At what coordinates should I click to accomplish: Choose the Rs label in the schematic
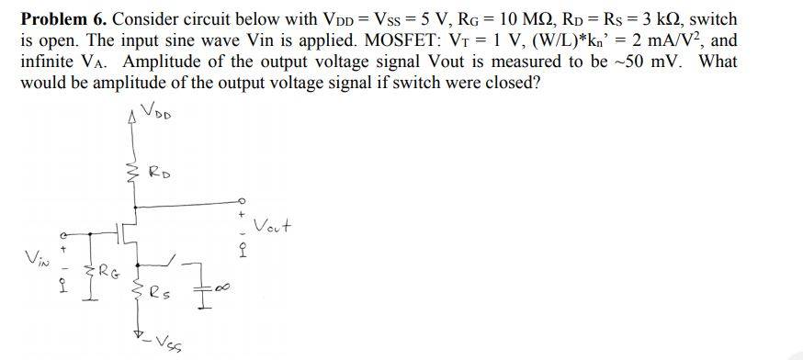tap(158, 296)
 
